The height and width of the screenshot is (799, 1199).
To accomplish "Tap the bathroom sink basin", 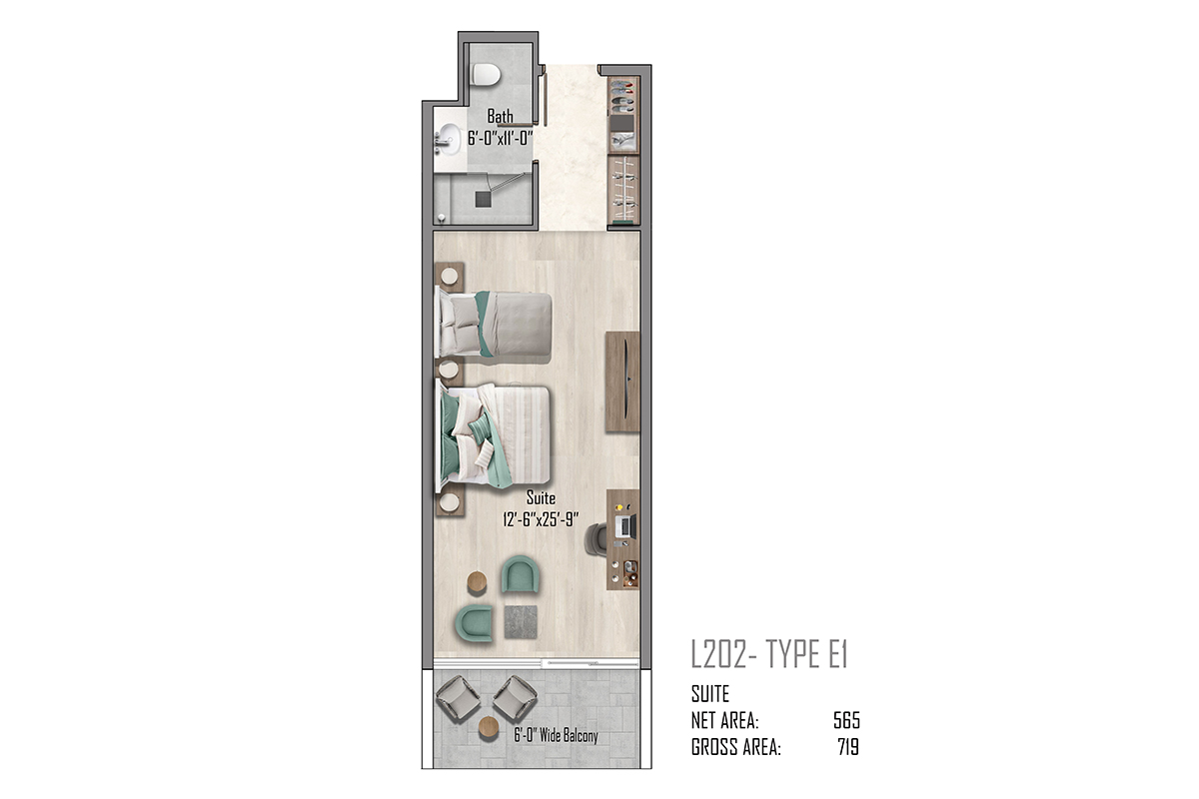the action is (449, 139).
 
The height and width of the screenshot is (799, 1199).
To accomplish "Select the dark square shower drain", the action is (483, 199).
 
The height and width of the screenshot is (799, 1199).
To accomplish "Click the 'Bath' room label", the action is (500, 116).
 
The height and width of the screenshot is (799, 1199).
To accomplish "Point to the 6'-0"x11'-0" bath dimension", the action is (501, 139).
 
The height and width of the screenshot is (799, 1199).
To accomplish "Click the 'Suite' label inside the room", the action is (541, 498).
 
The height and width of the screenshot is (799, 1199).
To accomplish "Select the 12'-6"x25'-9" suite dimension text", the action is (541, 519).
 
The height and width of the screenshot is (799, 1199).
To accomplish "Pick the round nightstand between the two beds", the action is (449, 370).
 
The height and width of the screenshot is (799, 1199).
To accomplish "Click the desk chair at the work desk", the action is (596, 539).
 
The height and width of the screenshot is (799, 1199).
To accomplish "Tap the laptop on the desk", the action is (626, 526).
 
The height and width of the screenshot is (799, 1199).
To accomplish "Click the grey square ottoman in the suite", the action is (521, 622).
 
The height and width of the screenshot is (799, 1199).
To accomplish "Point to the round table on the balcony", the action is (489, 727).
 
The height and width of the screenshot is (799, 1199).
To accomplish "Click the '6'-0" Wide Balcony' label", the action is (556, 736).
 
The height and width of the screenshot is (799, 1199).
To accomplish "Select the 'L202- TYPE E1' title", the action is (769, 654).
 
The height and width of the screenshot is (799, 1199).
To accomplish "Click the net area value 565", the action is (846, 721).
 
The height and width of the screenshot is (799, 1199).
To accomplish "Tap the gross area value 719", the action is (848, 747).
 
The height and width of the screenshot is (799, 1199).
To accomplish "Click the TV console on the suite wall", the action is (622, 382).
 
